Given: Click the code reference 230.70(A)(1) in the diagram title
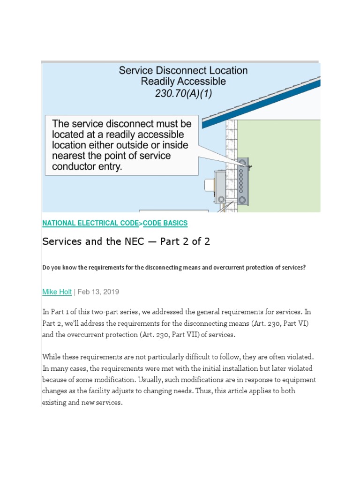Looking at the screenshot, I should [x=183, y=93].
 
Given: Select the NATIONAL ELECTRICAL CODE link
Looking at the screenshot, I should [x=91, y=224].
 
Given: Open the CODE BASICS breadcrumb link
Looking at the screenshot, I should [x=165, y=224].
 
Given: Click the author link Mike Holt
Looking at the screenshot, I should [x=57, y=292].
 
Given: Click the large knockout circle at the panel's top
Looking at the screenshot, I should [x=242, y=164].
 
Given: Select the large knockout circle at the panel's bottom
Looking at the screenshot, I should [x=242, y=201].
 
